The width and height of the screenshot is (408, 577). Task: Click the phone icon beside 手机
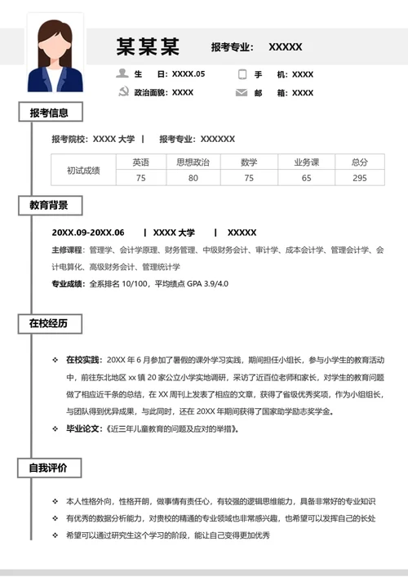click(x=242, y=74)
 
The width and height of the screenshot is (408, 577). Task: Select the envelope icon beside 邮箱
click(x=242, y=93)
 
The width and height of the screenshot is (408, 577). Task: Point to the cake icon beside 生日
click(x=124, y=74)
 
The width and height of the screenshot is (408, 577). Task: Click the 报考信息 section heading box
click(x=49, y=113)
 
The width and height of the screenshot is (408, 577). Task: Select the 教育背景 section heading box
click(x=49, y=205)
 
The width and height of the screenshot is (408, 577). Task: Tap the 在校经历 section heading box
click(x=49, y=324)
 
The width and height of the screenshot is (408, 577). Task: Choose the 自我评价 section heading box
click(x=49, y=468)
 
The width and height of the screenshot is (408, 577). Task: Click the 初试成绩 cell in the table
click(x=83, y=170)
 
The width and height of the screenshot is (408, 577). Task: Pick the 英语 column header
click(x=140, y=162)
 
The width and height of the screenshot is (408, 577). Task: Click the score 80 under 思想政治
click(x=193, y=178)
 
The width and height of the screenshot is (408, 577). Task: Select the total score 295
click(x=359, y=178)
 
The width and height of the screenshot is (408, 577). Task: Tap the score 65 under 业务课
click(x=306, y=178)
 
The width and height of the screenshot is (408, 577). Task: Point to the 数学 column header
click(x=249, y=162)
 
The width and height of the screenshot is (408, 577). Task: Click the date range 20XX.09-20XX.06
click(x=88, y=233)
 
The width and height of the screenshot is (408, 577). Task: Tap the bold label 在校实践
click(x=82, y=359)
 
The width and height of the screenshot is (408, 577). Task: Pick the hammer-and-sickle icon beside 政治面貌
click(x=124, y=93)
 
